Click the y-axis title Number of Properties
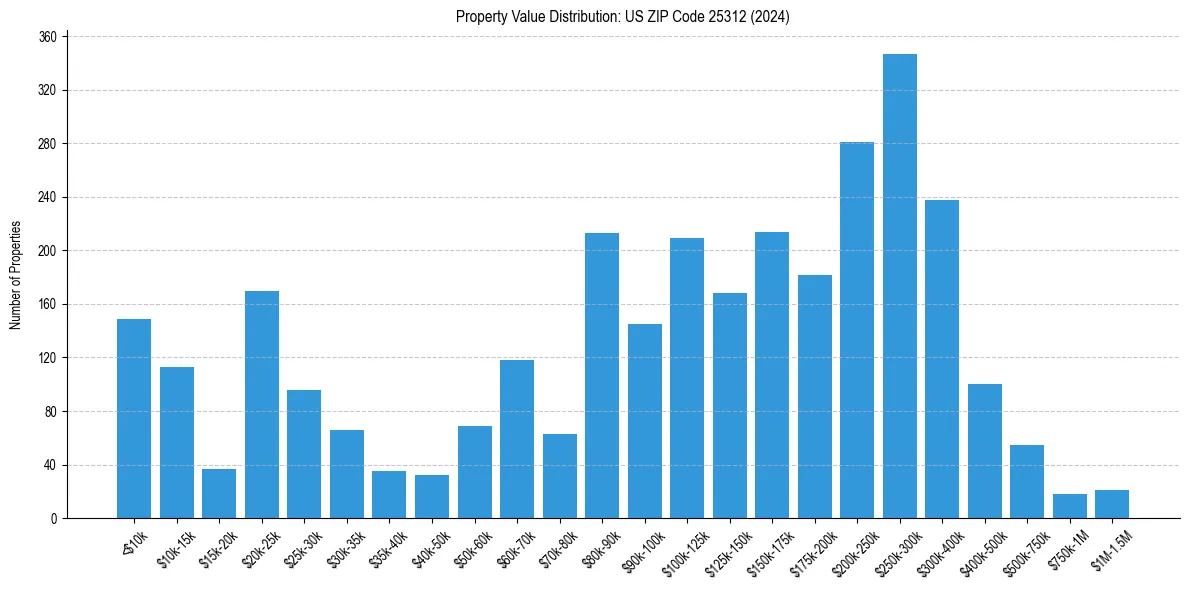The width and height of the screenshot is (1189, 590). point(15,275)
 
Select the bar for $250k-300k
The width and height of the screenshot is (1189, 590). point(899,286)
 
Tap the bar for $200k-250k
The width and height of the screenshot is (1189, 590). point(857,330)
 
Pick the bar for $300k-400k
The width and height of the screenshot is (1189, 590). point(942,359)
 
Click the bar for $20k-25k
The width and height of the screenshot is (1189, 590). point(262,405)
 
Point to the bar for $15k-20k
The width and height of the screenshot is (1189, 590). point(219,493)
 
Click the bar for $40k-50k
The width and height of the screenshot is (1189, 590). point(432,497)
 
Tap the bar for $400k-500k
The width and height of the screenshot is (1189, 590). point(984,451)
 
